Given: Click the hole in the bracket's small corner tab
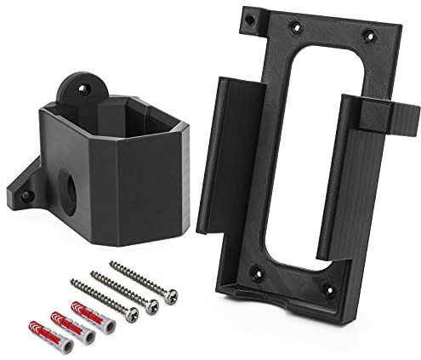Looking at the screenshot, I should click(250, 17).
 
